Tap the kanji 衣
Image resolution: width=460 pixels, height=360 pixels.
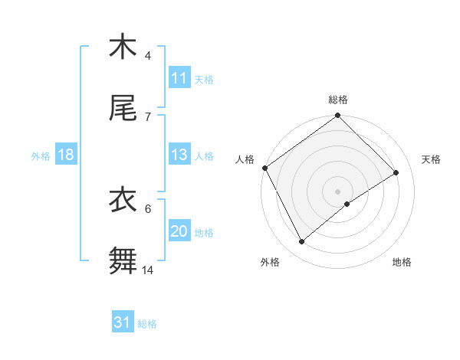click(123, 200)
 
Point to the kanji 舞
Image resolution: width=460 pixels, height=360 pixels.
click(123, 260)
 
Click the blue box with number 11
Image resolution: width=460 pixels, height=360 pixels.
click(179, 78)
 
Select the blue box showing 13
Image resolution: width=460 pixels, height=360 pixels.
click(179, 155)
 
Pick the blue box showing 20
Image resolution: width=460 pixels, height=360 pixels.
click(179, 231)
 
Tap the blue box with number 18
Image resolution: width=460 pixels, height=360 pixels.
click(66, 155)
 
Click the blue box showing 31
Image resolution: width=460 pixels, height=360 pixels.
click(123, 323)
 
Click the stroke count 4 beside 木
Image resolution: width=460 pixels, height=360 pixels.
click(148, 56)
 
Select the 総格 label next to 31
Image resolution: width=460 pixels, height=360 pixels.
click(147, 324)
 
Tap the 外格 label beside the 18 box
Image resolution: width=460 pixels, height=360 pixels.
click(41, 155)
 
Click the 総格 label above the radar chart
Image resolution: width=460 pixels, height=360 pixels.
click(338, 100)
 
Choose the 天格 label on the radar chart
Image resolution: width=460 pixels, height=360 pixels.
click(432, 159)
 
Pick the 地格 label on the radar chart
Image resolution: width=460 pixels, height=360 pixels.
click(402, 262)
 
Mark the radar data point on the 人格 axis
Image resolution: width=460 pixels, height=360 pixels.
click(264, 168)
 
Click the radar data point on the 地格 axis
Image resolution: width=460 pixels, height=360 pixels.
click(347, 204)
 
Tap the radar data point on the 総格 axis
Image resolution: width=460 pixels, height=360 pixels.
click(338, 116)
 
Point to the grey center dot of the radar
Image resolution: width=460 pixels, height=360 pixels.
click(338, 191)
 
